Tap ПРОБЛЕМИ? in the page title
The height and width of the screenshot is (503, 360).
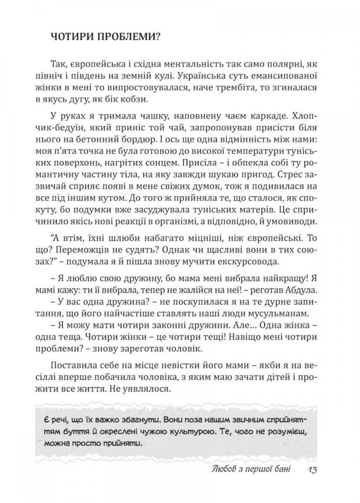[x=122, y=38]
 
